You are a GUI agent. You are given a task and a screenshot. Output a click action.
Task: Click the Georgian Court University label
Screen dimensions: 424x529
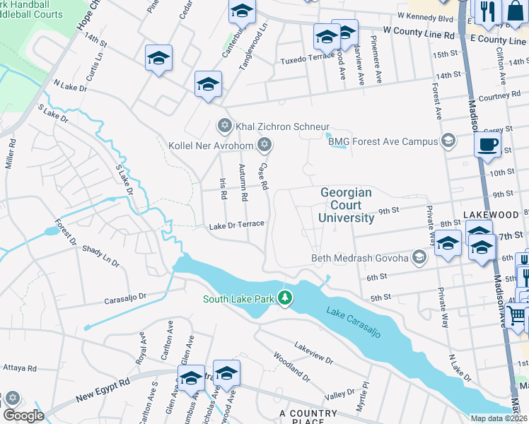tap(346, 205)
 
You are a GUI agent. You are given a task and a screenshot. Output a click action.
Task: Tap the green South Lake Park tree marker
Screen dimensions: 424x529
tap(285, 298)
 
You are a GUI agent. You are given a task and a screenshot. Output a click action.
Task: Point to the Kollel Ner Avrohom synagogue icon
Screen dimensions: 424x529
tap(264, 146)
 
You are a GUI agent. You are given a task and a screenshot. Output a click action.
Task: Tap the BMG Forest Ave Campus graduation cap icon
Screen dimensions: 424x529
tap(447, 141)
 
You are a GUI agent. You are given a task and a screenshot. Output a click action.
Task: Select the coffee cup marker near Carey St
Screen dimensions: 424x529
tap(488, 146)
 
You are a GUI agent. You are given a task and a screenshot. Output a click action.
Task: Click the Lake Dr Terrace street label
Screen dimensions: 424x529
tap(236, 225)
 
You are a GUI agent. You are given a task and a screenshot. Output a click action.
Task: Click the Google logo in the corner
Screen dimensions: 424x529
tap(23, 416)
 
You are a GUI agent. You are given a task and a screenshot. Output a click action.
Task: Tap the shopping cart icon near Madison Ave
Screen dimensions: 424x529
tap(517, 315)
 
